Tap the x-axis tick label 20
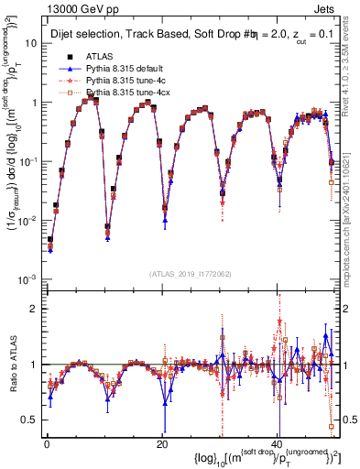point(161,442)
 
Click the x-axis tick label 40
point(278,442)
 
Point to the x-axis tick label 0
point(46,442)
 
